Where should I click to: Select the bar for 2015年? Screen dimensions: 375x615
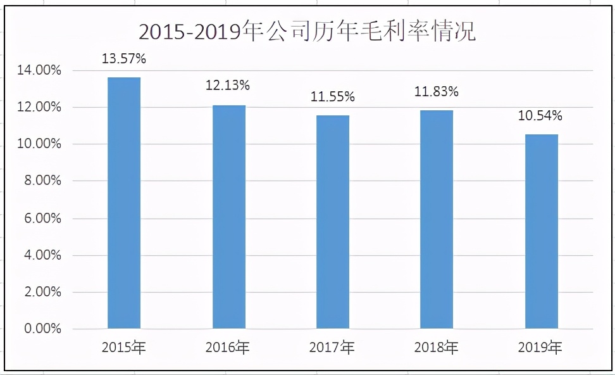[124, 203]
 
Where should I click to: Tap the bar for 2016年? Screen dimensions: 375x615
[228, 217]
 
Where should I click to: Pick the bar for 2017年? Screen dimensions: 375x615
[332, 222]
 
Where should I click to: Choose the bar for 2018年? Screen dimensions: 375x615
[437, 219]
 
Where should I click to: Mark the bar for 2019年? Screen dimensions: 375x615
[541, 231]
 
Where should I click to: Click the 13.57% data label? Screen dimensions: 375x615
[124, 60]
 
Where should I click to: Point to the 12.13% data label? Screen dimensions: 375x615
[228, 85]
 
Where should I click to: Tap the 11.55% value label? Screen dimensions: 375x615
[332, 97]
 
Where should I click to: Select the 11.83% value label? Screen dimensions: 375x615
[437, 92]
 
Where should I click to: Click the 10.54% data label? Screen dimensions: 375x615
[540, 116]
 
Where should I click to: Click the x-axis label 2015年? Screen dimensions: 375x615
[124, 347]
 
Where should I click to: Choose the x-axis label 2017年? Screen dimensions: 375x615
[332, 347]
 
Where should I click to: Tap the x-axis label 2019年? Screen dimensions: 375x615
[540, 347]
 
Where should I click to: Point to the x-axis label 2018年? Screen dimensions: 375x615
[437, 347]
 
